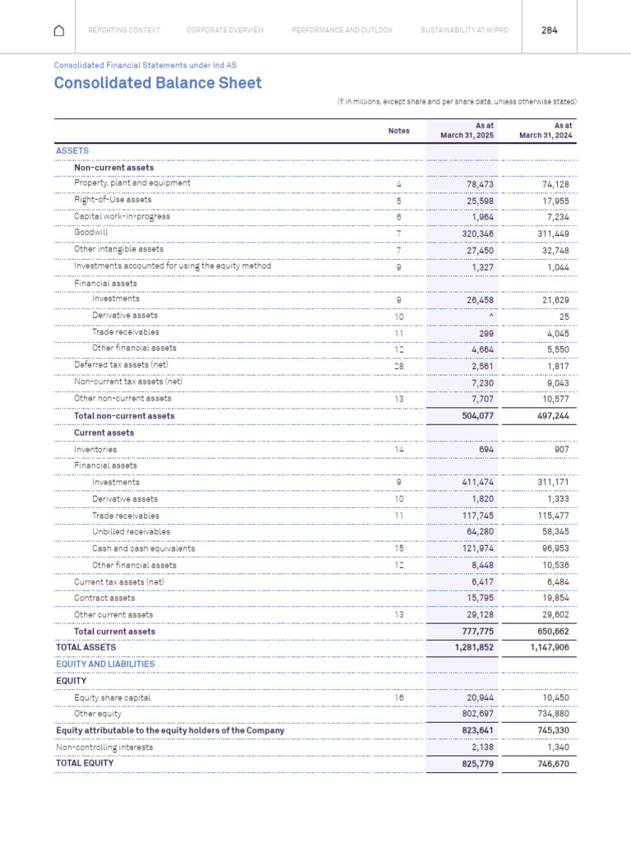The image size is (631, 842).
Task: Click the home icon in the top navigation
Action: pos(58,30)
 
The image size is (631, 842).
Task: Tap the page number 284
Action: pos(550,30)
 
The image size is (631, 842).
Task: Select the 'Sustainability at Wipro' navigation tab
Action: pos(464,30)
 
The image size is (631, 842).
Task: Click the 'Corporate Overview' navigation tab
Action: pos(225,30)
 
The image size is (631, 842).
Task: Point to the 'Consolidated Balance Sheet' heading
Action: pos(158,83)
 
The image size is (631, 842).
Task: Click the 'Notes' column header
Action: pos(398,131)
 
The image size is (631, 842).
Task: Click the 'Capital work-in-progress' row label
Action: pos(122,216)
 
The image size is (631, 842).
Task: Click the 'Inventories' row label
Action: pos(95,450)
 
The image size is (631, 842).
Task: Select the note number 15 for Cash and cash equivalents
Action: pos(398,548)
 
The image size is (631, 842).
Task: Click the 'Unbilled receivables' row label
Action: pos(131,532)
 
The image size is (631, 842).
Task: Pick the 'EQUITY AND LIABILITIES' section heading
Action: pos(105,664)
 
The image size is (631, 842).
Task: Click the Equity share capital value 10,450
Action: pos(555,697)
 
